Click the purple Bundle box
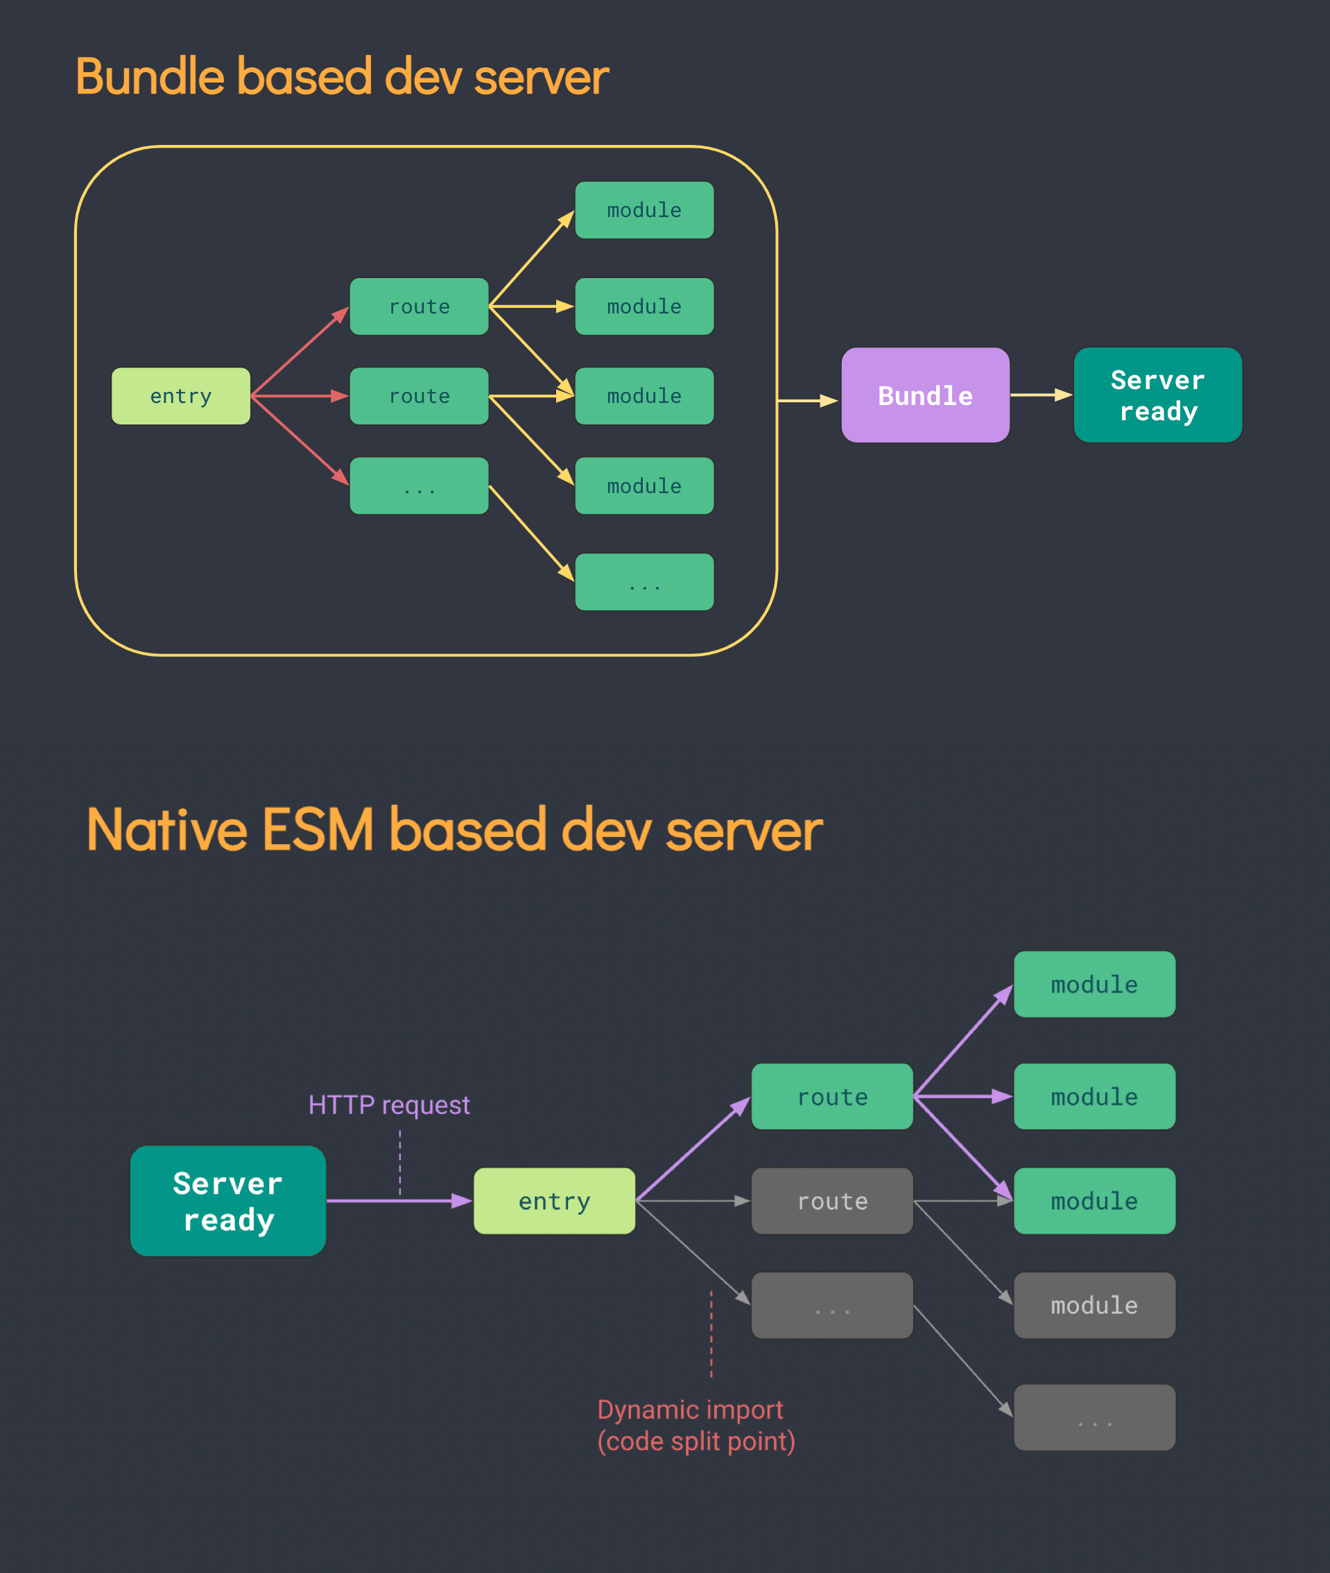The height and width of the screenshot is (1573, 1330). [x=925, y=395]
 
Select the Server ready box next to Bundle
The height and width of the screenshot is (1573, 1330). [x=1157, y=395]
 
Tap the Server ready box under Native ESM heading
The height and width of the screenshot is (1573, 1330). [x=227, y=1201]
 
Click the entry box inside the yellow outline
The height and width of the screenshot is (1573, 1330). [x=181, y=396]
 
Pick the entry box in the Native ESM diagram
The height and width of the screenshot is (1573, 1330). [x=554, y=1201]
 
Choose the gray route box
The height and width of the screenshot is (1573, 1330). [x=832, y=1201]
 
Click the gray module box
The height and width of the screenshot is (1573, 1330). [x=1095, y=1305]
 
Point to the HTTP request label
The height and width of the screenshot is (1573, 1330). [x=389, y=1105]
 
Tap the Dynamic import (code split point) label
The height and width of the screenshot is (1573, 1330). [x=696, y=1425]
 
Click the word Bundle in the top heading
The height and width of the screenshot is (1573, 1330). [x=150, y=77]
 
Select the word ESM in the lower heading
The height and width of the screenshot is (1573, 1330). [x=318, y=830]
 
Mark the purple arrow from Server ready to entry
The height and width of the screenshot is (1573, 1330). [x=399, y=1201]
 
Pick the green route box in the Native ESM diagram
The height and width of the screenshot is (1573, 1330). [x=832, y=1097]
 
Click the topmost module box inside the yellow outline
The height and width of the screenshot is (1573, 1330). [x=645, y=210]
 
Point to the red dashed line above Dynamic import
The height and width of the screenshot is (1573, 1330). [x=711, y=1334]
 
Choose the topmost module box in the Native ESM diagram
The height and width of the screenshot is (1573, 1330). [x=1095, y=984]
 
